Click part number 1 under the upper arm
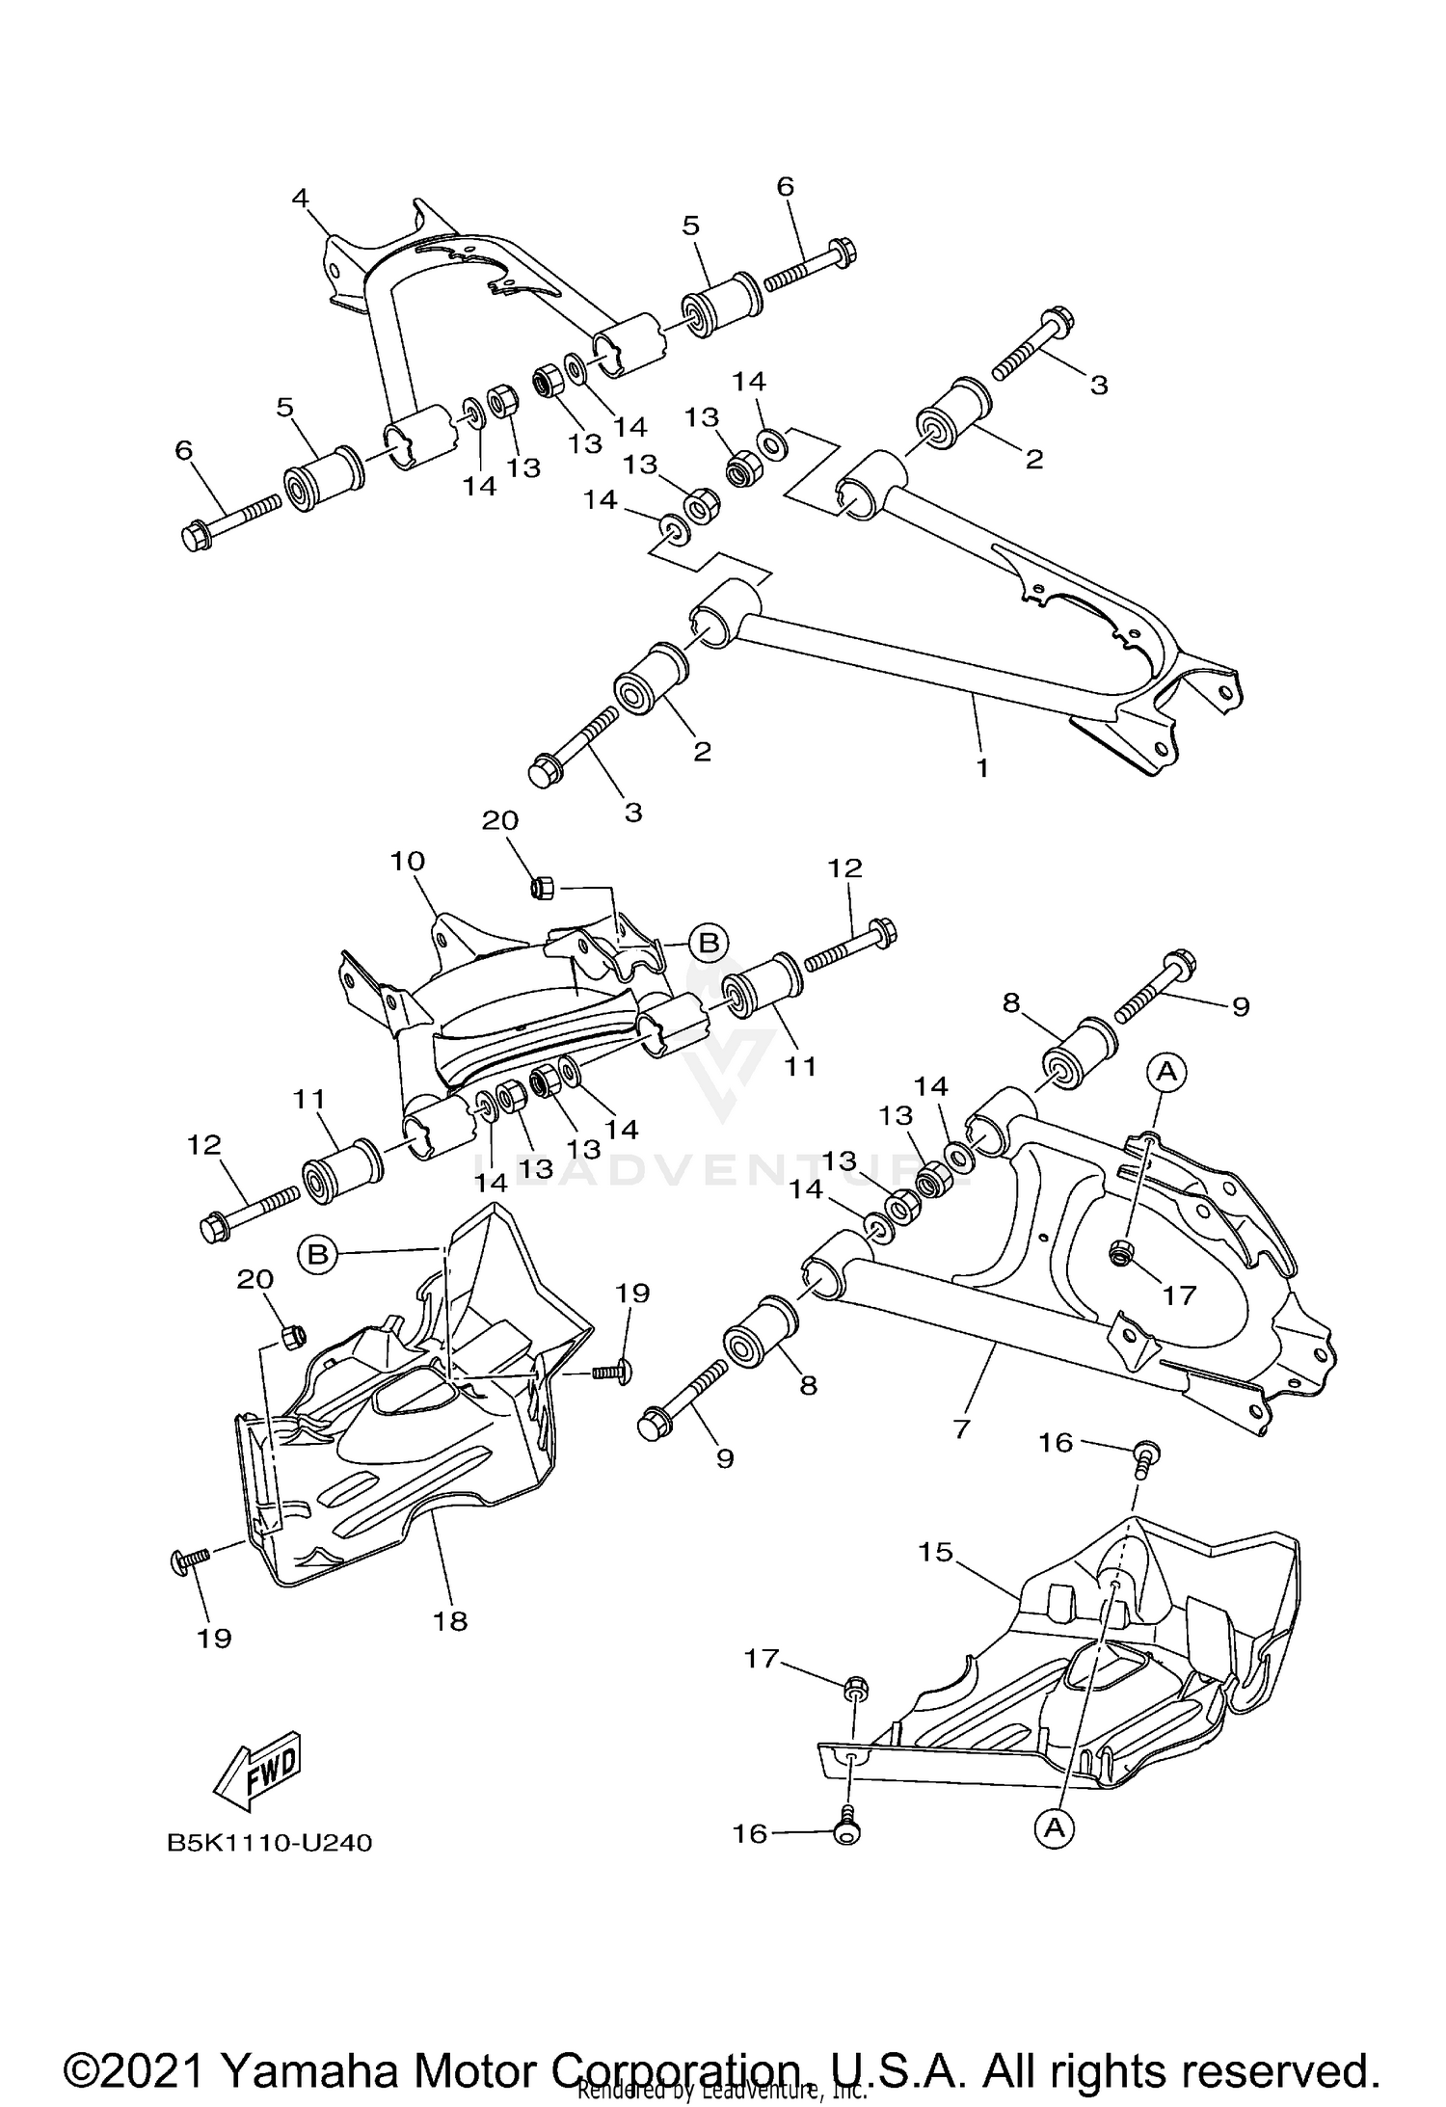(x=981, y=769)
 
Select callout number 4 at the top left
(x=301, y=199)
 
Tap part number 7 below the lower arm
(x=960, y=1428)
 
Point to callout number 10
(x=408, y=860)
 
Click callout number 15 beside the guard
(x=935, y=1552)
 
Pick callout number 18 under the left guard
(x=450, y=1620)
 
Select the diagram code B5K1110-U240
(x=270, y=1842)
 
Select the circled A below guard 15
(x=1055, y=1827)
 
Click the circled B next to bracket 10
(x=709, y=942)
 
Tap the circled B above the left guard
(x=318, y=1253)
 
